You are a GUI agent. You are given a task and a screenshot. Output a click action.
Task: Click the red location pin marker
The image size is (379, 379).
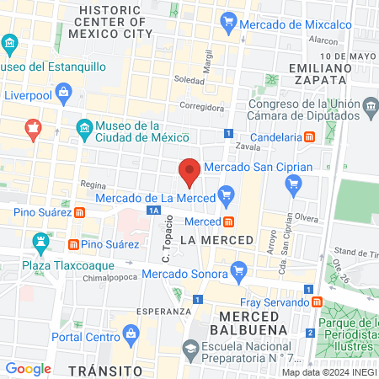click(189, 171)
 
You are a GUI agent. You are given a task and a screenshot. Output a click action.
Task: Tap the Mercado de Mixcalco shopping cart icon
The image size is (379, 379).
click(228, 24)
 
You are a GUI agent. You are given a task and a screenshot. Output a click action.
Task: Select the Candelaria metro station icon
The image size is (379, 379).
click(310, 136)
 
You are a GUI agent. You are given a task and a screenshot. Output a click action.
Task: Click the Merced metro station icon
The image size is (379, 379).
click(229, 222)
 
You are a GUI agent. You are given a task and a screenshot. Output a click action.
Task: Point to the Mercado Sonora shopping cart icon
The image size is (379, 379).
click(239, 271)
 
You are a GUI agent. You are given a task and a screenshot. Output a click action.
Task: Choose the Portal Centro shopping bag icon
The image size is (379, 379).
click(131, 336)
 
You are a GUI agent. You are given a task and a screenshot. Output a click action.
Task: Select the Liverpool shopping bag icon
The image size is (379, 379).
click(63, 90)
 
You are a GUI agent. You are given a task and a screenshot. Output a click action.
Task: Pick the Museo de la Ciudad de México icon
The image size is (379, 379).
click(83, 130)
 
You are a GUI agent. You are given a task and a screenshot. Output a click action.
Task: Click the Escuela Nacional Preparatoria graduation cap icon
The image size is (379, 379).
click(191, 349)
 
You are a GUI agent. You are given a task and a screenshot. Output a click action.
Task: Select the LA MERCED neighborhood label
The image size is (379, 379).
click(216, 240)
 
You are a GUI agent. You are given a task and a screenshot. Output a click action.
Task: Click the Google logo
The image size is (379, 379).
click(29, 369)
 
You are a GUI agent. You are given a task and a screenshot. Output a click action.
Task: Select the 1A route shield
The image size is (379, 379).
click(153, 211)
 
